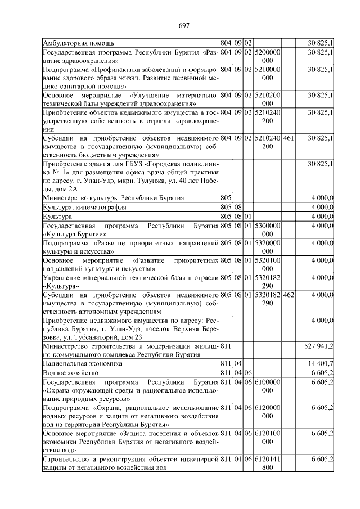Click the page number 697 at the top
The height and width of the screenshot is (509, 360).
pos(186,25)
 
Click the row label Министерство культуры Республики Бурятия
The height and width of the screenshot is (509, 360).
pos(113,198)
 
